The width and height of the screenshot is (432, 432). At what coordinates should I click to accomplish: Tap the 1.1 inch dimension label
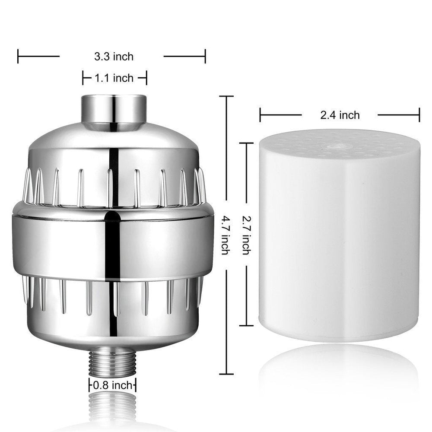[x=114, y=78]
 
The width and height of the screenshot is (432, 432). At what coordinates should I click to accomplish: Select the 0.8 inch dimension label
[x=112, y=385]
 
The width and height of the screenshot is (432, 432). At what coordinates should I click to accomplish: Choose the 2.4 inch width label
[x=340, y=115]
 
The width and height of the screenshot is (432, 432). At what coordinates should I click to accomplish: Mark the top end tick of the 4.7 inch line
[x=226, y=96]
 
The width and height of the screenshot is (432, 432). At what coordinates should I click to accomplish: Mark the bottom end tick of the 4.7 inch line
[x=226, y=374]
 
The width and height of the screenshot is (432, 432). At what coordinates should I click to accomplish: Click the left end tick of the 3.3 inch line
[x=18, y=56]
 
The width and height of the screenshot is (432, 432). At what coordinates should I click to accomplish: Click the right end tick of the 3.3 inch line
[x=205, y=56]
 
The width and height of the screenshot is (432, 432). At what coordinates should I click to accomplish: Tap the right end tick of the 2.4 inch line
[x=419, y=115]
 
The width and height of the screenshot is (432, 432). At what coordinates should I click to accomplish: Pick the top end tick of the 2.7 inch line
[x=246, y=143]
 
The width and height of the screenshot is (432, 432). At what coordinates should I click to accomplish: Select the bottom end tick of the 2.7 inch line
[x=246, y=325]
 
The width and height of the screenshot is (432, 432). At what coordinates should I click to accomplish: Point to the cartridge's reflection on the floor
[x=339, y=372]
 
